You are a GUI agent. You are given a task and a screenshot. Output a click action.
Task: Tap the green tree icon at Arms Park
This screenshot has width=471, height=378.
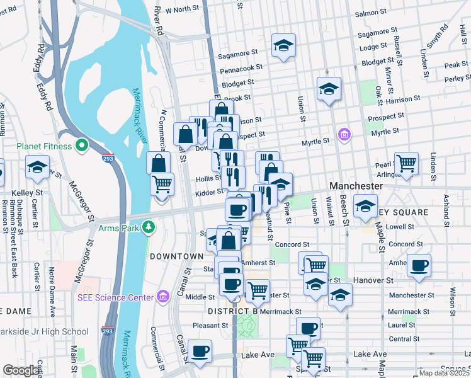(149, 226)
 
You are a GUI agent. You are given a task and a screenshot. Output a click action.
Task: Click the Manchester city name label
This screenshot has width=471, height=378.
(356, 186)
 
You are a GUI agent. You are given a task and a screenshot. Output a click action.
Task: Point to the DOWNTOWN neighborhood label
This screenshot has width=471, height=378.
(176, 256)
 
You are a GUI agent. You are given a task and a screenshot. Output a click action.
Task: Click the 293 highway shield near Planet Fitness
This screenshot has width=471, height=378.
(108, 159)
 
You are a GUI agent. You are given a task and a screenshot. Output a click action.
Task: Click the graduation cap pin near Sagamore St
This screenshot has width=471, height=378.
(283, 45)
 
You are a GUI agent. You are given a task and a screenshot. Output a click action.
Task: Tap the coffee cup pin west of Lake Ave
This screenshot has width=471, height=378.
(200, 351)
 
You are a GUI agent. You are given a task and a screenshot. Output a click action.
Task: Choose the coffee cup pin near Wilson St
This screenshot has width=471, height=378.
(419, 265)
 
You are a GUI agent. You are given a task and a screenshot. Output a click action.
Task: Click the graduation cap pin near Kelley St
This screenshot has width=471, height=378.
(37, 168)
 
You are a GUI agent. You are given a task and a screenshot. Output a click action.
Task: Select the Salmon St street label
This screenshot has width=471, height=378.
(372, 13)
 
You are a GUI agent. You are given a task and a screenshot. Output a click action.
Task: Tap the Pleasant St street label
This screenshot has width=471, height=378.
(210, 326)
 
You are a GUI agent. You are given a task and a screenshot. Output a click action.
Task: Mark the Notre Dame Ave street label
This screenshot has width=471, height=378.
(53, 295)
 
